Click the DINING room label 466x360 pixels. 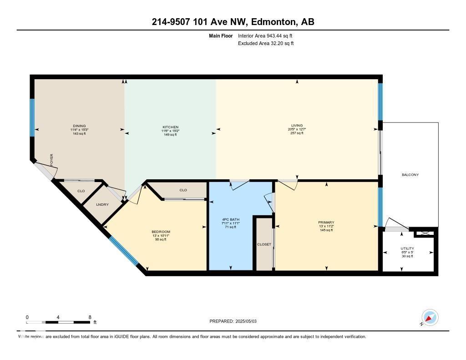79,126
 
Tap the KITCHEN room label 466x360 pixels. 171,127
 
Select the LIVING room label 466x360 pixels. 297,126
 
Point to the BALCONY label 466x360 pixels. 410,175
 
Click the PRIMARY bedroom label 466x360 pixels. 326,223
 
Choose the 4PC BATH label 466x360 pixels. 230,219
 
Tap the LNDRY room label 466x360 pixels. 103,205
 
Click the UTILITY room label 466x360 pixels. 407,248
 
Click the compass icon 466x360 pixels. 430,317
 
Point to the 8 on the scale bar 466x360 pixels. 90,317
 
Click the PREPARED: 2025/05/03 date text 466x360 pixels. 236,321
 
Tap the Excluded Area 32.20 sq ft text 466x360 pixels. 266,44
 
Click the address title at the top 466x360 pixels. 233,22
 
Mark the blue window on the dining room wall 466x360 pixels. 32,117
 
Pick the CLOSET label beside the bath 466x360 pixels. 264,244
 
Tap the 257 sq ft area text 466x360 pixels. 297,133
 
